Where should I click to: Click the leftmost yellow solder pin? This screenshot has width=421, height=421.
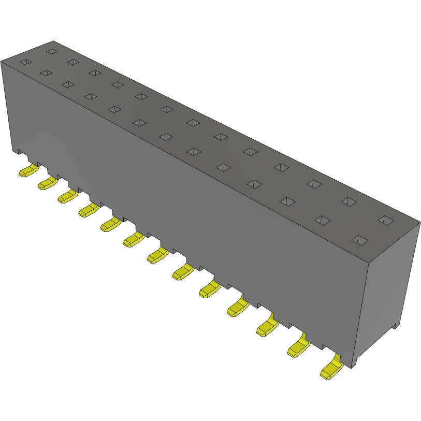click(x=28, y=171)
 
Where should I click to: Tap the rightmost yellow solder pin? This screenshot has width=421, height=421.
click(x=331, y=370)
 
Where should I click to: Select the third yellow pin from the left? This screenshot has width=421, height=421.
click(x=67, y=196)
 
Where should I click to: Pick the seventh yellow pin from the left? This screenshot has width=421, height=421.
click(x=157, y=255)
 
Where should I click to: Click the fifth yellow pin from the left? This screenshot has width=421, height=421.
click(x=111, y=225)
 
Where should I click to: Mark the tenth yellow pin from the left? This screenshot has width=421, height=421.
click(x=237, y=308)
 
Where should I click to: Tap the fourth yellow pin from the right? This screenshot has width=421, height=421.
click(x=237, y=308)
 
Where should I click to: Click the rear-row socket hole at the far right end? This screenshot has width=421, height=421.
click(x=385, y=220)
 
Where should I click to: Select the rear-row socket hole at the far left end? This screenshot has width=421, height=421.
click(x=51, y=51)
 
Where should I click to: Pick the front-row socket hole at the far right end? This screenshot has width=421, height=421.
click(x=360, y=240)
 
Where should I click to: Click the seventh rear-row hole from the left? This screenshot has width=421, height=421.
click(x=193, y=123)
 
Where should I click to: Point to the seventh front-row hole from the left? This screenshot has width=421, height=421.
click(x=166, y=137)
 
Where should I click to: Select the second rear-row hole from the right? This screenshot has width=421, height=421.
click(x=349, y=201)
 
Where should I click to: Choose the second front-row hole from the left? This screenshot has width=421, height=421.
click(x=46, y=74)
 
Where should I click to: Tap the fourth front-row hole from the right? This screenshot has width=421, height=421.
click(x=254, y=184)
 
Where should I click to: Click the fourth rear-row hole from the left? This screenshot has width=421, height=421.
click(x=117, y=84)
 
